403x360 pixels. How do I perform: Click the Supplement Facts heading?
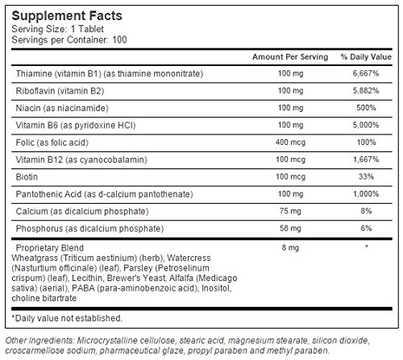point(67,15)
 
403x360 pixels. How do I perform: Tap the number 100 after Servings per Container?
point(119,39)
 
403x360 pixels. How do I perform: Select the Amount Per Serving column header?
point(290,57)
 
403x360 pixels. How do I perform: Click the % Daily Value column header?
point(366,57)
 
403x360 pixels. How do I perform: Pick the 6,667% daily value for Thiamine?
point(366,73)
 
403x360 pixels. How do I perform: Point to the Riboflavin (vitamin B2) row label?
point(60,91)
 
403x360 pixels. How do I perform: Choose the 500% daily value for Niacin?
point(366,108)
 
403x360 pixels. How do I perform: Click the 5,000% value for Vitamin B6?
point(366,125)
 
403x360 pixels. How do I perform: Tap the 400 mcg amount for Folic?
point(290,143)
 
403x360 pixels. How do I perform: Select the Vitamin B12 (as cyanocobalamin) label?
point(81,159)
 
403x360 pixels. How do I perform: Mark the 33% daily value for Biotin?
point(366,176)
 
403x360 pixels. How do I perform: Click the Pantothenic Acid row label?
point(104,194)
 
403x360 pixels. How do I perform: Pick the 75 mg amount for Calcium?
point(290,211)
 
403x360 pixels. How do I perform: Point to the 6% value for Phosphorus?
point(366,228)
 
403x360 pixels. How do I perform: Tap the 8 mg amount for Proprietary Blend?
point(290,247)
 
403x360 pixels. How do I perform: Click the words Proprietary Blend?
point(50,247)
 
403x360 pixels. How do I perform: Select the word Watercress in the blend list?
point(189,258)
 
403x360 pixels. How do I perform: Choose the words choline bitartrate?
point(44,298)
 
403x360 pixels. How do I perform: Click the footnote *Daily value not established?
point(67,318)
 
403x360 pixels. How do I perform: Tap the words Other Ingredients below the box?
point(39,341)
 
